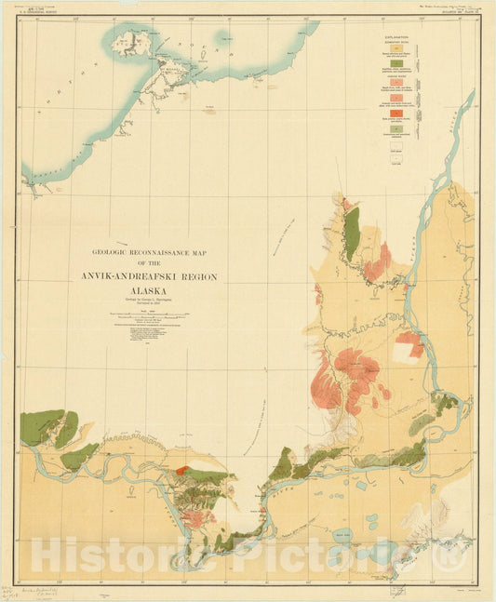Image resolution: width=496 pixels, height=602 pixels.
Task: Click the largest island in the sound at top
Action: tap(126, 44)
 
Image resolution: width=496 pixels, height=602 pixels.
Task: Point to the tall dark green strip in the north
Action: tap(352, 233)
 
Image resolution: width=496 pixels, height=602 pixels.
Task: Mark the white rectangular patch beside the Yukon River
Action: tap(405, 352)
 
